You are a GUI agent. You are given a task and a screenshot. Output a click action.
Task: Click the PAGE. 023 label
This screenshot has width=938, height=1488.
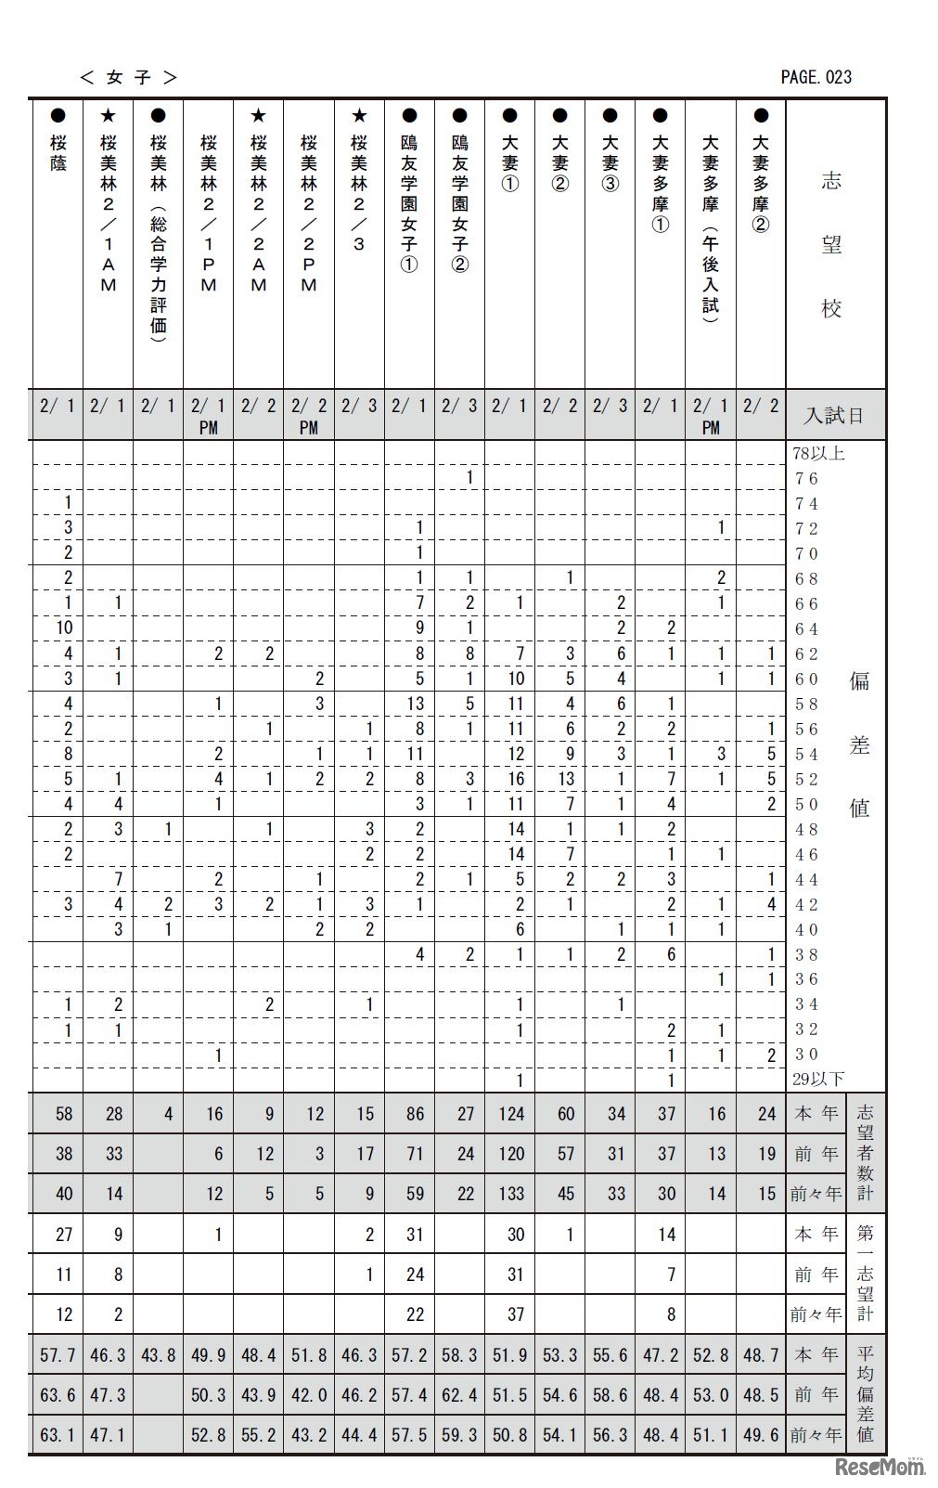pyautogui.click(x=816, y=77)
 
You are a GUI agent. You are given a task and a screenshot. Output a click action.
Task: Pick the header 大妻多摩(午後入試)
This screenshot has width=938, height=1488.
pyautogui.click(x=710, y=228)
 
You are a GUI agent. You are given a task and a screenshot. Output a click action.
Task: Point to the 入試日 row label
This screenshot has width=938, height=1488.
pyautogui.click(x=833, y=415)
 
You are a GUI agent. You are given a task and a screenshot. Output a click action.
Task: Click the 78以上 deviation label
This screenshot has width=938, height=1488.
pyautogui.click(x=818, y=454)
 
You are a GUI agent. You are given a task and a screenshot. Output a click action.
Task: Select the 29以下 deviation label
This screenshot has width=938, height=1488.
pyautogui.click(x=818, y=1079)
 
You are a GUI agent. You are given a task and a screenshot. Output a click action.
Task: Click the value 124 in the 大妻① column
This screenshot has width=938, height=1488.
pyautogui.click(x=511, y=1114)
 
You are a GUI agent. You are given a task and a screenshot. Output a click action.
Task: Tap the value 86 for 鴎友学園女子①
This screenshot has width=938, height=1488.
pyautogui.click(x=415, y=1114)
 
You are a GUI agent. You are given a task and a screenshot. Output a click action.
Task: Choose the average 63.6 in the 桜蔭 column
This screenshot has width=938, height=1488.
pyautogui.click(x=58, y=1394)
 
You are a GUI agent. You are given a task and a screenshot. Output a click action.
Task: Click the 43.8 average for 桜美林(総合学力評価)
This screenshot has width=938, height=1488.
pyautogui.click(x=159, y=1355)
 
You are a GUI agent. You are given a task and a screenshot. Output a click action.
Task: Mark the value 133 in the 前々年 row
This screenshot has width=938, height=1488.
pyautogui.click(x=511, y=1194)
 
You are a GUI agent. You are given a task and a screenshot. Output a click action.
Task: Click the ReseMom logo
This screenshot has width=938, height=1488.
pyautogui.click(x=880, y=1467)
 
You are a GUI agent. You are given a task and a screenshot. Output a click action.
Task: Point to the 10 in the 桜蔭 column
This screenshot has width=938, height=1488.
pyautogui.click(x=63, y=628)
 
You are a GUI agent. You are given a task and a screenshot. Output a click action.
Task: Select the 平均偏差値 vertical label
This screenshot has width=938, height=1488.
pyautogui.click(x=865, y=1394)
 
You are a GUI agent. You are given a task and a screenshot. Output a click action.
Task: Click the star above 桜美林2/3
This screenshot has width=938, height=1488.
pyautogui.click(x=359, y=116)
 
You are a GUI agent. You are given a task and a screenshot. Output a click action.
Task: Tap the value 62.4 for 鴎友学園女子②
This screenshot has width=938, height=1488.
pyautogui.click(x=460, y=1394)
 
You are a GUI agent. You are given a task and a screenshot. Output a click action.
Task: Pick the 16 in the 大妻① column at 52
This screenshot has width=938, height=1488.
pyautogui.click(x=515, y=779)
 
